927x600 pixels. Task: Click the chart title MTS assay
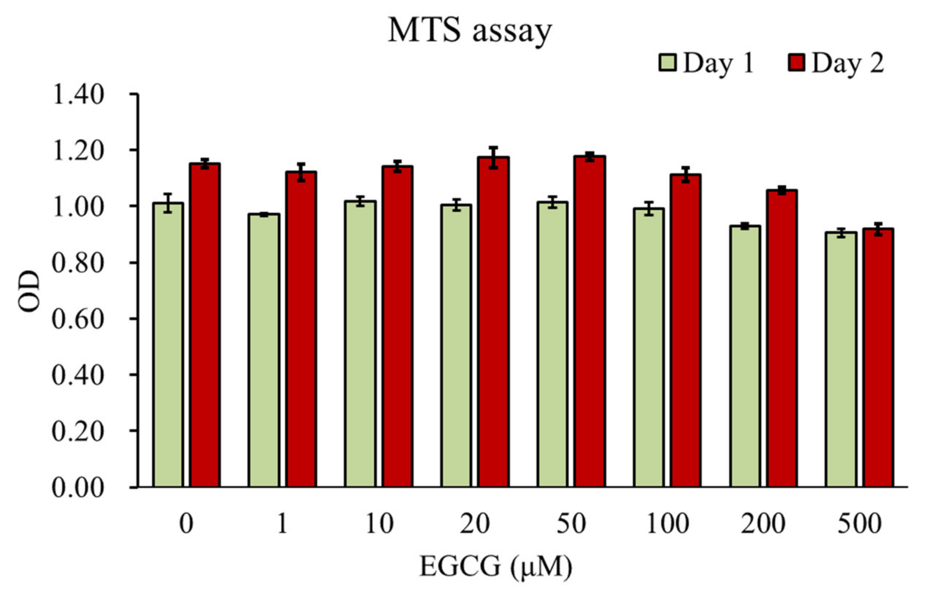click(x=470, y=31)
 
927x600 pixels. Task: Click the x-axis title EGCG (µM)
click(x=496, y=566)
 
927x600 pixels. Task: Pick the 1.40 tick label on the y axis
click(x=78, y=95)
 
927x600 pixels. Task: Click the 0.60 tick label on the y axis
click(x=78, y=319)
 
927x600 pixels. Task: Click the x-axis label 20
click(x=474, y=524)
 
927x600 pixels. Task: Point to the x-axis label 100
click(x=668, y=524)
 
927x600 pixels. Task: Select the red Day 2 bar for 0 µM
click(x=205, y=325)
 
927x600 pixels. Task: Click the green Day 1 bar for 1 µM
click(x=264, y=350)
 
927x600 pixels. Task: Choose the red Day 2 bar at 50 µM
click(x=590, y=321)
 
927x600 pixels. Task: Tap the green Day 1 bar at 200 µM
click(x=745, y=356)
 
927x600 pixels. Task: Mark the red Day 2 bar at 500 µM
click(x=878, y=358)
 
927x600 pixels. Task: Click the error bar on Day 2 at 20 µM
click(x=493, y=158)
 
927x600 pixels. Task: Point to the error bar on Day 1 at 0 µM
click(x=168, y=203)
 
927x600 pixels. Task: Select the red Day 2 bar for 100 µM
click(x=686, y=331)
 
